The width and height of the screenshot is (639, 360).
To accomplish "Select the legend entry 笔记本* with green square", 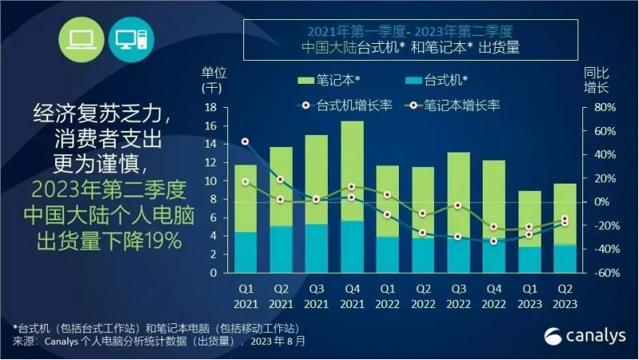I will pyautogui.click(x=327, y=81).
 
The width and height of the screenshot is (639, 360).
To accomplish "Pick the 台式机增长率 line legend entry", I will pyautogui.click(x=346, y=105).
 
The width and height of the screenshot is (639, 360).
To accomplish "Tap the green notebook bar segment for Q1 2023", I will pyautogui.click(x=529, y=218).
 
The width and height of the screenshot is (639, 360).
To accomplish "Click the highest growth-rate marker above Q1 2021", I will pyautogui.click(x=245, y=142).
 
